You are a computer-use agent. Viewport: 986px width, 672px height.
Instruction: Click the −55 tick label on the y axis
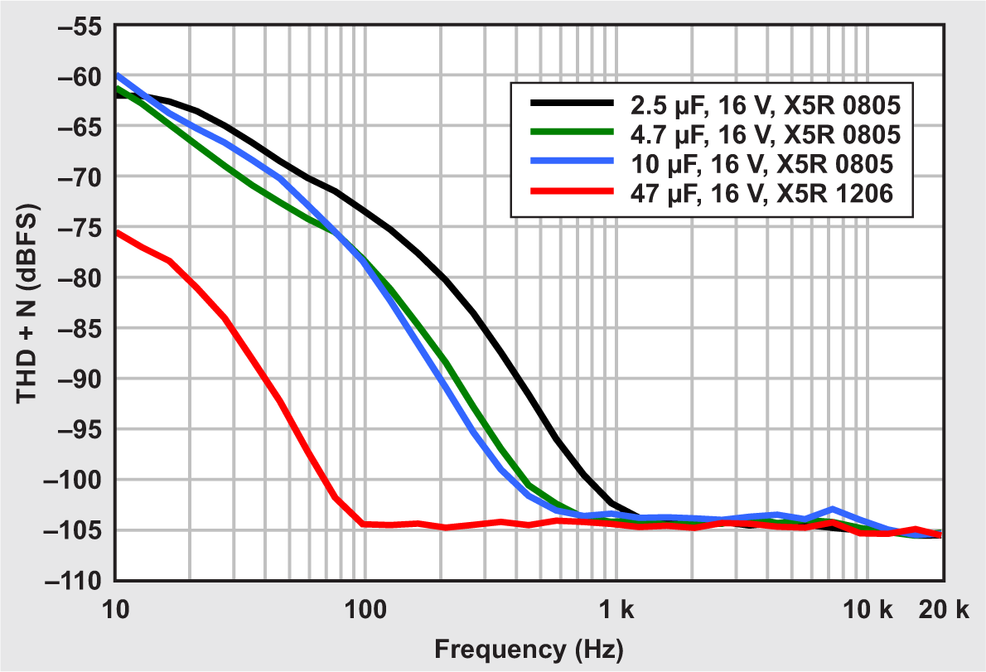pos(79,26)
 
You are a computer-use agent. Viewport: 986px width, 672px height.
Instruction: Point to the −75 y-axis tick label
pos(79,228)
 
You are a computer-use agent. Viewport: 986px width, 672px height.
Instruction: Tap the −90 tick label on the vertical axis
pos(79,379)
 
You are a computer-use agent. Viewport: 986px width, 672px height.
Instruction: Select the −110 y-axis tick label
pos(75,581)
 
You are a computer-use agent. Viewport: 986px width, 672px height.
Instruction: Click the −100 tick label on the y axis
pos(75,480)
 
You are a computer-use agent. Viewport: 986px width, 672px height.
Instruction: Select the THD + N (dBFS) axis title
pos(27,303)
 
